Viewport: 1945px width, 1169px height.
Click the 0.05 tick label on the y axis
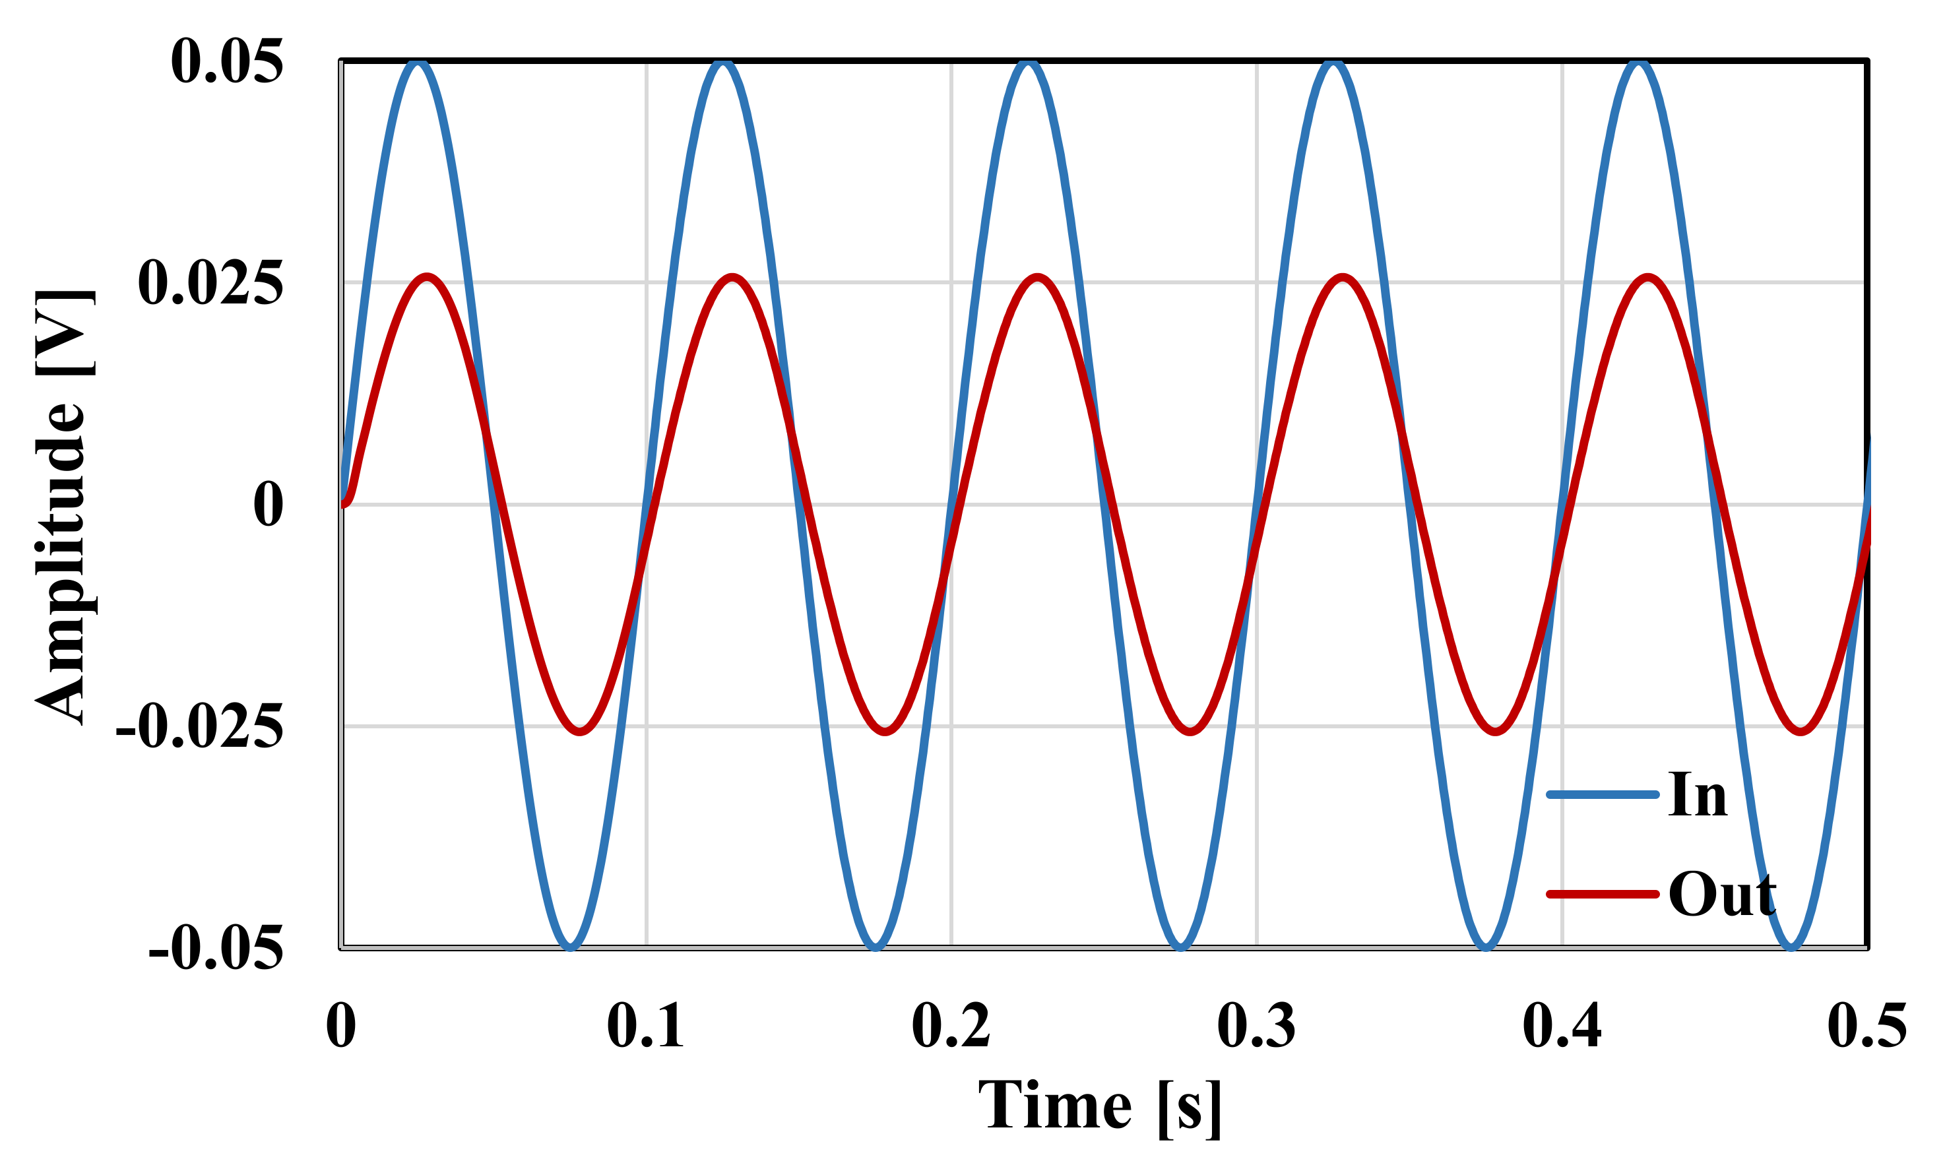(x=227, y=61)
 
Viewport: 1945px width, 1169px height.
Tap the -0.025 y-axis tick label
(x=199, y=727)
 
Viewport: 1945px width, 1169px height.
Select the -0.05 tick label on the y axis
(x=216, y=949)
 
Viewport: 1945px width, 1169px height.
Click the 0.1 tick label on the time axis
(x=645, y=1026)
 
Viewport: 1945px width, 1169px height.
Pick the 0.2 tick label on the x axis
(x=951, y=1026)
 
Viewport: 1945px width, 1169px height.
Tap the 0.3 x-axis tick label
(x=1256, y=1026)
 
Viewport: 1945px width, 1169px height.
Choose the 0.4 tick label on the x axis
(x=1562, y=1026)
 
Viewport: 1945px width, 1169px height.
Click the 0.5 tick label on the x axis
(x=1867, y=1026)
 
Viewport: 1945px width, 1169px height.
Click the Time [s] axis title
(x=1100, y=1106)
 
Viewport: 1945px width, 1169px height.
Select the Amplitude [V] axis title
(x=63, y=506)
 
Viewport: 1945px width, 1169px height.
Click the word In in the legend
(x=1698, y=795)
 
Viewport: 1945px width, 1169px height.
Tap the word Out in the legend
(x=1722, y=894)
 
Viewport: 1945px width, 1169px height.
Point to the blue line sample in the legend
(x=1603, y=795)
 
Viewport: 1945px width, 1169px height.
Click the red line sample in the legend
(x=1603, y=894)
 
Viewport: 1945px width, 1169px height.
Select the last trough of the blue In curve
(x=1791, y=946)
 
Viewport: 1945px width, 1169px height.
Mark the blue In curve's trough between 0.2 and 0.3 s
(x=1181, y=946)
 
